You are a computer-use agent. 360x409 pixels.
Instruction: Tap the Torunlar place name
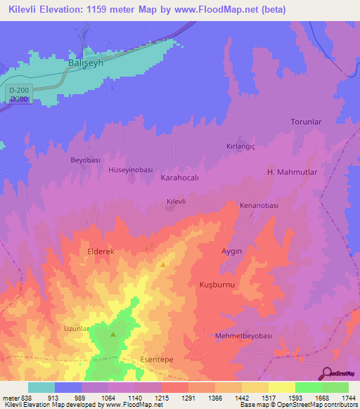pos(306,122)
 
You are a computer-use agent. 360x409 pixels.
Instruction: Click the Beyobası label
pos(86,160)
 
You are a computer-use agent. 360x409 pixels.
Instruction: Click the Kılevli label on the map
pos(175,202)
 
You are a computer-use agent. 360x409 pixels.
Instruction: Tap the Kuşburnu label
pos(217,285)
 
